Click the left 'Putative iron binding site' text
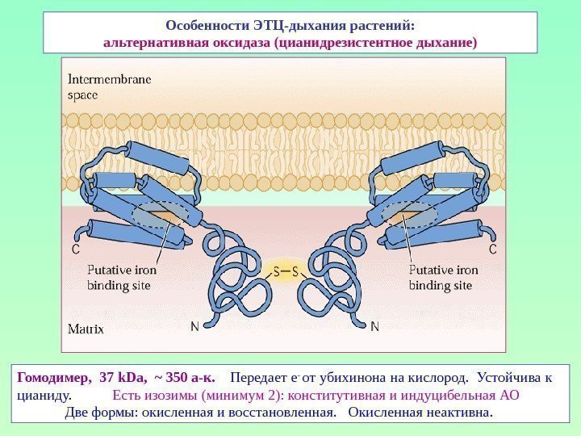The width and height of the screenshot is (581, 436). (122, 278)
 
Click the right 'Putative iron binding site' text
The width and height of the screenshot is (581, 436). (443, 278)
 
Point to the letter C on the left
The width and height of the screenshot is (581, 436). (76, 250)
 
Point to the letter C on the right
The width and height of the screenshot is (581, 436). (492, 250)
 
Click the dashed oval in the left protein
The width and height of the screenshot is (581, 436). (159, 215)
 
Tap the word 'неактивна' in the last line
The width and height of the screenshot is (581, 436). (458, 413)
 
